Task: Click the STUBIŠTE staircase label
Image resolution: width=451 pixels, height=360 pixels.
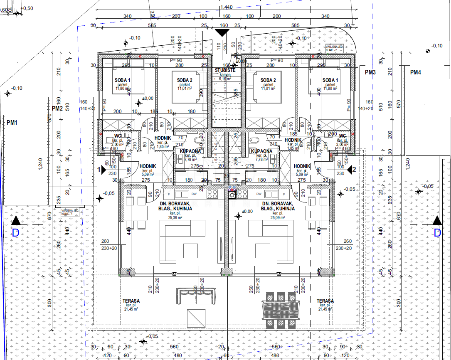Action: tap(225, 70)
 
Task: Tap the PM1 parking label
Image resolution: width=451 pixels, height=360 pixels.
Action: tap(12, 123)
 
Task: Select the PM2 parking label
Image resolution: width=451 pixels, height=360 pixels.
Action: tap(57, 108)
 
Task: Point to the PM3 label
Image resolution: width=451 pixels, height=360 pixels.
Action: tap(370, 72)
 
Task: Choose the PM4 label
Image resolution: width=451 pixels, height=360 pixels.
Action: tap(415, 72)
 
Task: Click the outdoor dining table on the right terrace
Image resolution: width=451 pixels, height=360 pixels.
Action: tap(281, 309)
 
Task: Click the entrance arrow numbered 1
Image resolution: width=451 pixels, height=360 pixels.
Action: tap(100, 170)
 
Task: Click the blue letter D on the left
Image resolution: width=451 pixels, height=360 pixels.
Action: tap(15, 233)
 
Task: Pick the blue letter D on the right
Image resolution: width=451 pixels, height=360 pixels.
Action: tap(437, 233)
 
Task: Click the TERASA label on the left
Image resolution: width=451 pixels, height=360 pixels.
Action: tap(131, 301)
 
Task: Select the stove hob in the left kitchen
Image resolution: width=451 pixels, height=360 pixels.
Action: tap(212, 194)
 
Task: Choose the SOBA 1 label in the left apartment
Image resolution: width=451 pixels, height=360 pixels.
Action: tap(123, 80)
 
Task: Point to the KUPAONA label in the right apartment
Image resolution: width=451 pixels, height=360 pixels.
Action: tap(261, 151)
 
